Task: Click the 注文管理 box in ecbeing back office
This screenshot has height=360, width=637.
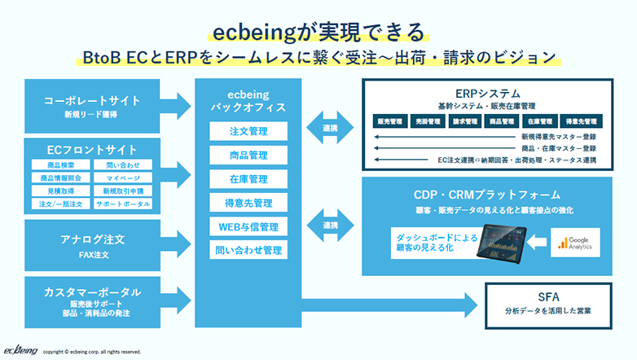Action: pyautogui.click(x=248, y=131)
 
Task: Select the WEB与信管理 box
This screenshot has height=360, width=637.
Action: pyautogui.click(x=248, y=226)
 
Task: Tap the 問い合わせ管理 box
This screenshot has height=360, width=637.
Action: pyautogui.click(x=248, y=249)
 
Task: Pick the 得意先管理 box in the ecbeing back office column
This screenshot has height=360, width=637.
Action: pyautogui.click(x=248, y=202)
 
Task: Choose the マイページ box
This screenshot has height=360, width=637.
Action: pyautogui.click(x=121, y=178)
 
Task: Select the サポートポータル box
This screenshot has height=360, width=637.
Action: pyautogui.click(x=121, y=204)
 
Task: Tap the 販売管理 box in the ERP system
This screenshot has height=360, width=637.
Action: pyautogui.click(x=390, y=121)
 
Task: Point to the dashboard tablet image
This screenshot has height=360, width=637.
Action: pyautogui.click(x=505, y=242)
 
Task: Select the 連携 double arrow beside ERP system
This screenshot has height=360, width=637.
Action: pyautogui.click(x=331, y=128)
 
